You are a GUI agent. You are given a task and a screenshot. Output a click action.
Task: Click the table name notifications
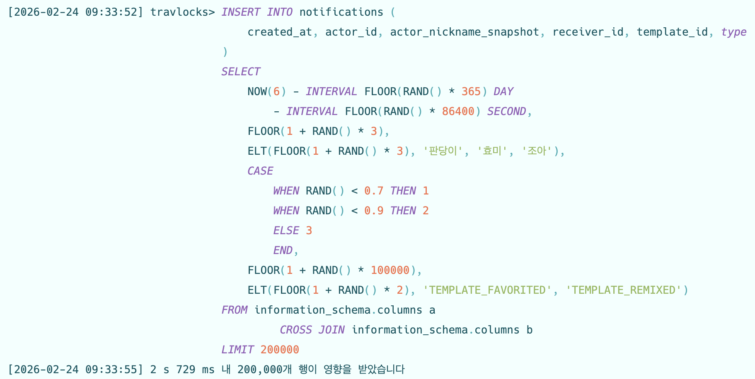pos(341,12)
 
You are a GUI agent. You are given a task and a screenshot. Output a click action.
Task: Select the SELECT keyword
pos(241,72)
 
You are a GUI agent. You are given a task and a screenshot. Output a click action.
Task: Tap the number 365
pos(471,91)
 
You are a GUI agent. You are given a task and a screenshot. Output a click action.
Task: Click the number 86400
pos(458,111)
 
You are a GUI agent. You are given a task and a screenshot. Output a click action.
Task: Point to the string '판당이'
pos(443,151)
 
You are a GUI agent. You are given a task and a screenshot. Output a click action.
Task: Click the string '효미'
pos(492,151)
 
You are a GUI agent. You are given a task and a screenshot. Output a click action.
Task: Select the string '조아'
pos(537,151)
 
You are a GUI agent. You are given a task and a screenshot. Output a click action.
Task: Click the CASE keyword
pos(260,171)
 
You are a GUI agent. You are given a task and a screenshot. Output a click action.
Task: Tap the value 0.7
pos(373,191)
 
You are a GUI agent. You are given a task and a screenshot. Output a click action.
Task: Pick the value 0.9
pos(373,211)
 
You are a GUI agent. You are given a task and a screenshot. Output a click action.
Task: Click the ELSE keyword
pos(286,230)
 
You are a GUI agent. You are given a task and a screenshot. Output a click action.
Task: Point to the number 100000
pos(390,270)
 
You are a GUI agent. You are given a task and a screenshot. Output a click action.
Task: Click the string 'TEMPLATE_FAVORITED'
pos(487,290)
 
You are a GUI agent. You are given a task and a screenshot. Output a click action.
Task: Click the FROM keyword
pos(234,310)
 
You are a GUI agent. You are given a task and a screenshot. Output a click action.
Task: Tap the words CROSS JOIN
pos(312,330)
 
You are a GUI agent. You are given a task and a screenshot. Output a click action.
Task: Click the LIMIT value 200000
pos(280,350)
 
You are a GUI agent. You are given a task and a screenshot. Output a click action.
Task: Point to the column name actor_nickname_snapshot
pos(465,32)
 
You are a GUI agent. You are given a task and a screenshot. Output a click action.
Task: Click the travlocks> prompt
pos(182,12)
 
